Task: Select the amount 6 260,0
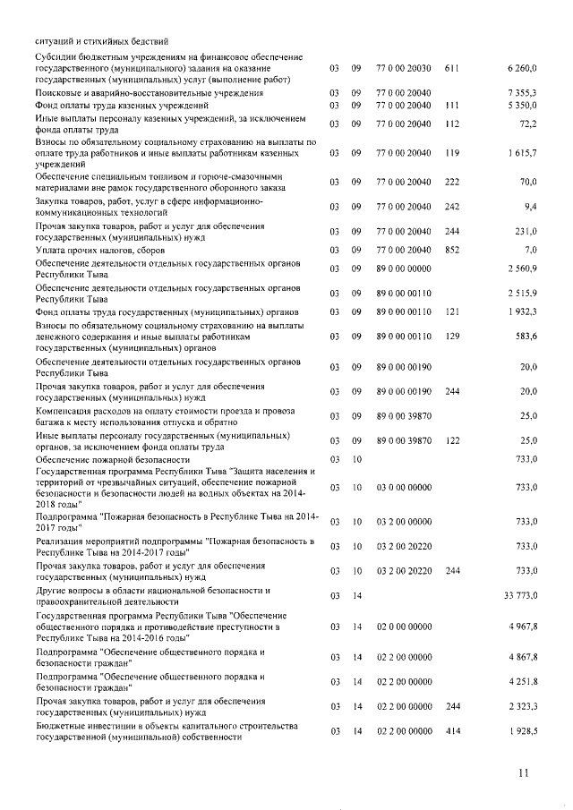click(x=519, y=68)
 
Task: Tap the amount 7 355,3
click(x=519, y=93)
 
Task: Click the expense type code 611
click(x=451, y=68)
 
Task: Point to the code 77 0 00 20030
click(x=404, y=68)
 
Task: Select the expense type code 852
click(x=451, y=251)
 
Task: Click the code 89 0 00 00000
click(x=404, y=269)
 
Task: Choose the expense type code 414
click(x=451, y=731)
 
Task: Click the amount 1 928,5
click(x=519, y=731)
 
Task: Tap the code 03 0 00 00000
click(x=404, y=488)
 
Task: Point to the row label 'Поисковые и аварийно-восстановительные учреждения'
click(x=149, y=93)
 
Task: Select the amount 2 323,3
click(x=519, y=706)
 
